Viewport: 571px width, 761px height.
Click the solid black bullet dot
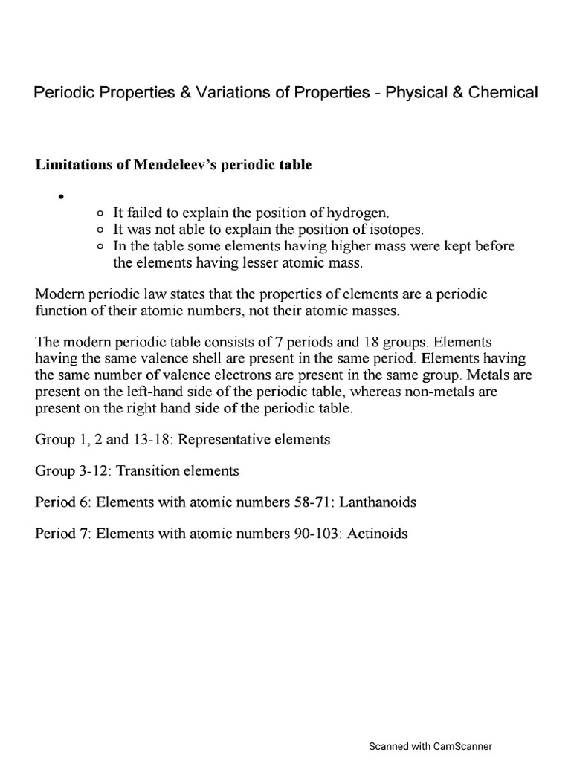tap(58, 197)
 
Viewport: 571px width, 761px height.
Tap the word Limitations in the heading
tap(69, 165)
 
